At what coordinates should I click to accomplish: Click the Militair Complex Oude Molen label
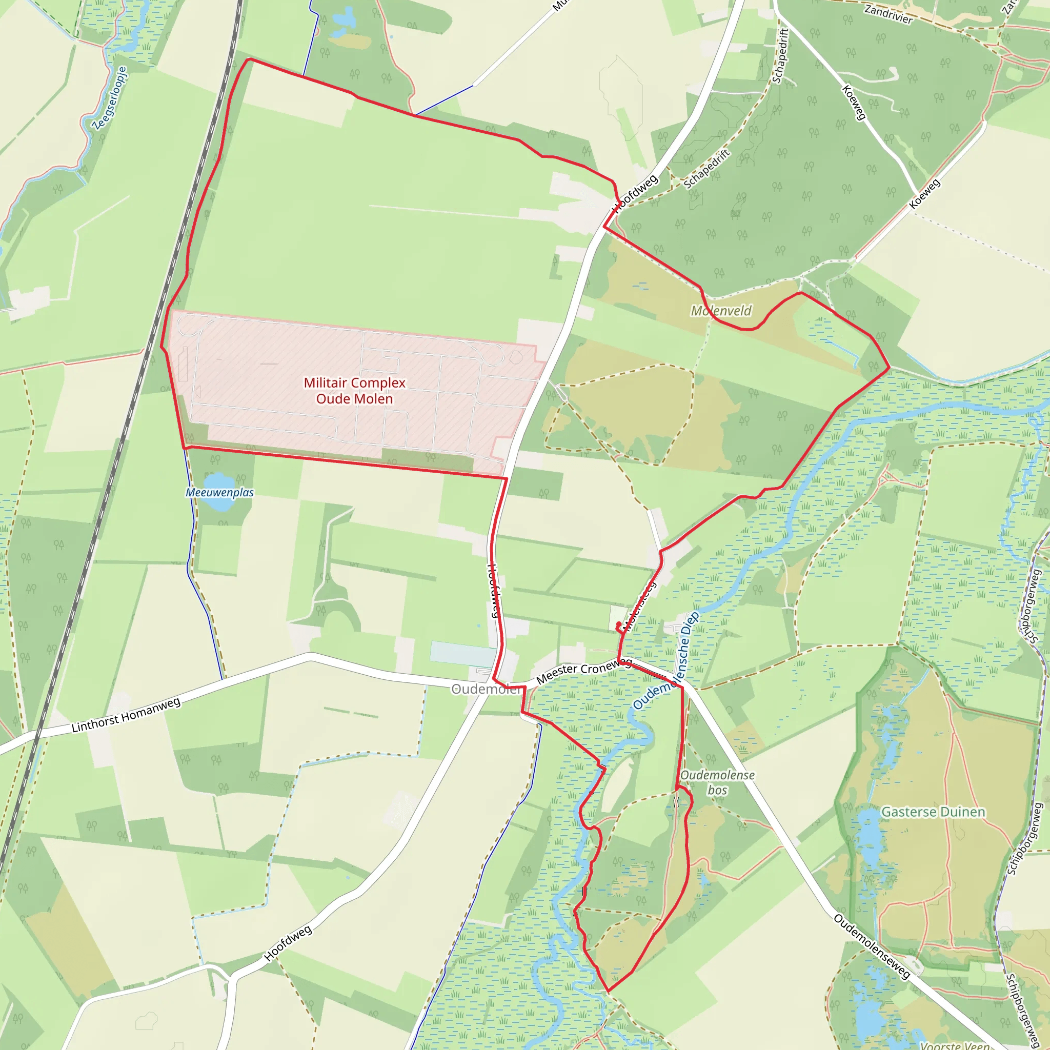354,391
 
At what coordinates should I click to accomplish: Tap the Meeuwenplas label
219,492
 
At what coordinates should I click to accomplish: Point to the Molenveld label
721,311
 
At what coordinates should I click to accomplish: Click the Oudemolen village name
486,689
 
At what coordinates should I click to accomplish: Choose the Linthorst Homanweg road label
126,715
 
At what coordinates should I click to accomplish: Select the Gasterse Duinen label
933,812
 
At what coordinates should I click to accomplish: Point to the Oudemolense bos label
717,782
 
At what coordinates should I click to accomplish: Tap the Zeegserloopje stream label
110,98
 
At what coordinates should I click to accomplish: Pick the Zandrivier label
888,14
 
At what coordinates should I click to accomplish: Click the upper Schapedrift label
780,56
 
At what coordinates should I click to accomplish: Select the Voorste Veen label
954,1044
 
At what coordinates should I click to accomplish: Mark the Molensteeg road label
640,605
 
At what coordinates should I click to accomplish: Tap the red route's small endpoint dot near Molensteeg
619,624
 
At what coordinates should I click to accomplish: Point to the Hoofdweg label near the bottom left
288,943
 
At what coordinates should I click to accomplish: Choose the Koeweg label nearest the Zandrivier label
853,102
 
